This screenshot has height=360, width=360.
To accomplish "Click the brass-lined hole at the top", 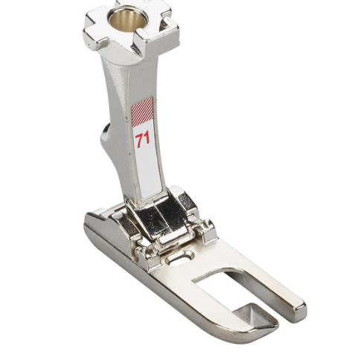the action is (127, 21).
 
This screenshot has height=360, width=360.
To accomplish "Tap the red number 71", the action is (143, 138).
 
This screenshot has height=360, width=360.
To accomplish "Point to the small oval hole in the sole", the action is (180, 257).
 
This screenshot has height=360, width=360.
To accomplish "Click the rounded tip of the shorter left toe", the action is (269, 329).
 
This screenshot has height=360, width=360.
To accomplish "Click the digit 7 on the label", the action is (139, 138).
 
